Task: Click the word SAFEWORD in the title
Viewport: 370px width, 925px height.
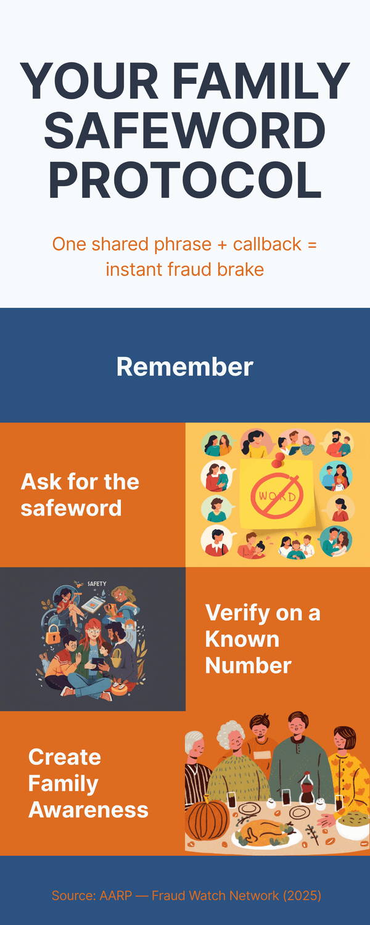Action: (x=184, y=129)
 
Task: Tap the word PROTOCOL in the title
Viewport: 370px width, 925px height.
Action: (x=184, y=180)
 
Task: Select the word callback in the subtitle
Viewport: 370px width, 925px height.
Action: (x=267, y=244)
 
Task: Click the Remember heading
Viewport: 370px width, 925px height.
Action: (x=184, y=366)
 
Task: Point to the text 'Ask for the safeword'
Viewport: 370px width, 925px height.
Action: (x=80, y=495)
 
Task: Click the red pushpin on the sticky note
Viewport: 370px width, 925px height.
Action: (x=279, y=458)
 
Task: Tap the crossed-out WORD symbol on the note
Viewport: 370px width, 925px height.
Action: (x=277, y=496)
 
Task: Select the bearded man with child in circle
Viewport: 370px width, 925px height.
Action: (x=338, y=444)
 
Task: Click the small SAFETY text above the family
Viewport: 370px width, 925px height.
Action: (x=97, y=584)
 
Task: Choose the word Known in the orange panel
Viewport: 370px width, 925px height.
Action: (x=242, y=639)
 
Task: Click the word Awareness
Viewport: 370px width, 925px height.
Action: (x=88, y=810)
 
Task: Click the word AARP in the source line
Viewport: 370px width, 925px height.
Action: (x=115, y=895)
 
